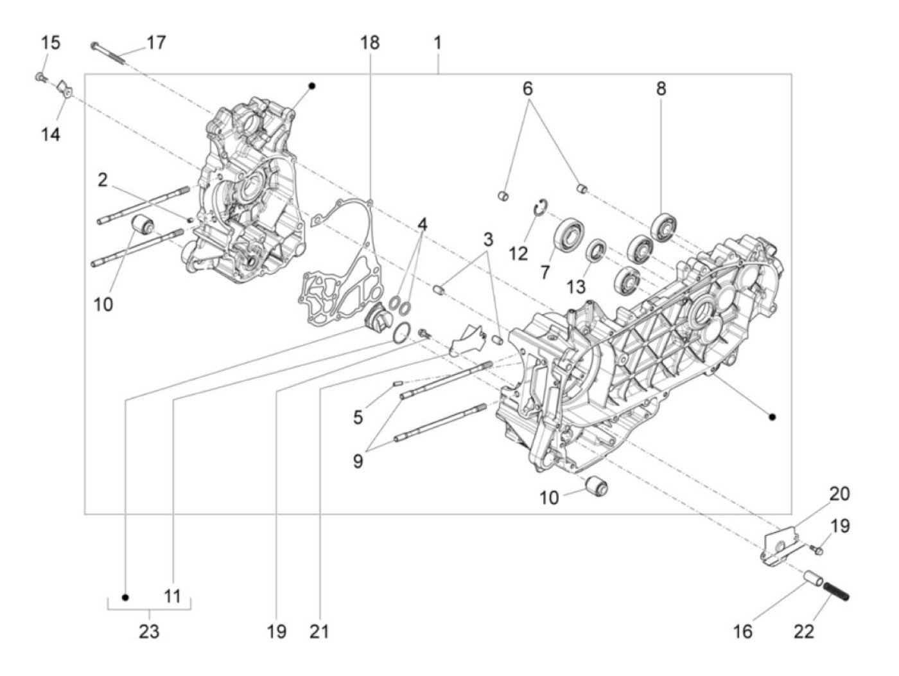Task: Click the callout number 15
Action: (x=51, y=43)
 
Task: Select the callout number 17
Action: (x=156, y=43)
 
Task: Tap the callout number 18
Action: (x=369, y=43)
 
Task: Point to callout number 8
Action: (x=661, y=89)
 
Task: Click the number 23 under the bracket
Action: (x=149, y=631)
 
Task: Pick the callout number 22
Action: (x=803, y=631)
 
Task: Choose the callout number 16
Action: (x=742, y=631)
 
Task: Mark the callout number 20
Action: (x=839, y=494)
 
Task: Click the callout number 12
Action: (x=518, y=253)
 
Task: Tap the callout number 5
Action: (x=358, y=418)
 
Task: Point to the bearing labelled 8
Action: (x=663, y=227)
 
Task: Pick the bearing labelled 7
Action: (x=568, y=235)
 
